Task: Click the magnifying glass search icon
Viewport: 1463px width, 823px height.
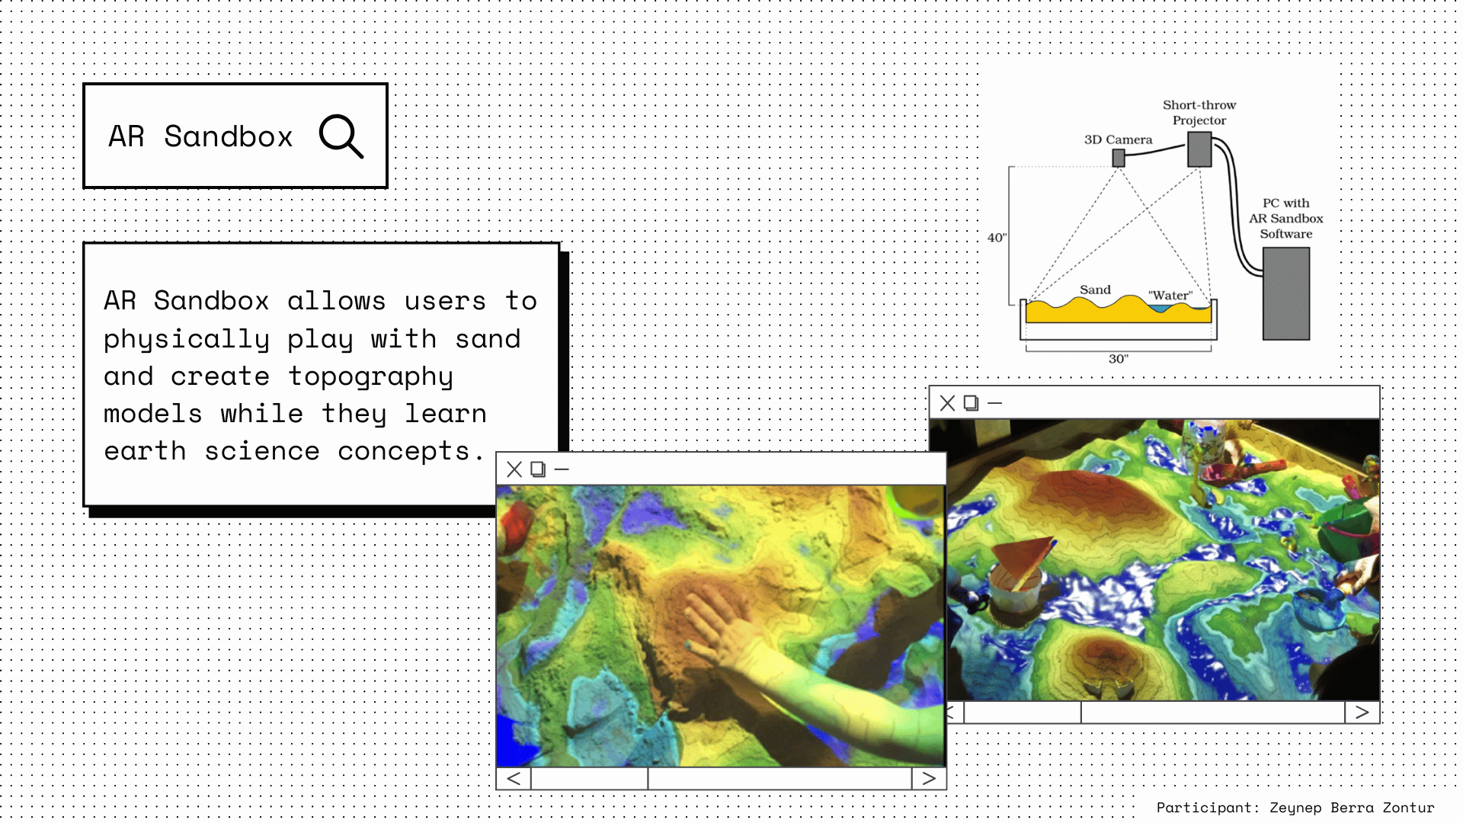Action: click(x=341, y=136)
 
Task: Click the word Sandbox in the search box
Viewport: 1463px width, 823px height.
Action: click(x=229, y=137)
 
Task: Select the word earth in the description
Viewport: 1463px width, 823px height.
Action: click(x=145, y=451)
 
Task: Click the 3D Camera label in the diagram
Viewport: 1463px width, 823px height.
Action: click(x=1118, y=140)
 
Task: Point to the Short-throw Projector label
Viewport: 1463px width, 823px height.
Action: click(x=1199, y=113)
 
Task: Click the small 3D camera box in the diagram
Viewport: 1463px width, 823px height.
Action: click(x=1119, y=158)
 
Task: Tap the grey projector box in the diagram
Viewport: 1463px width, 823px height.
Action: click(x=1199, y=149)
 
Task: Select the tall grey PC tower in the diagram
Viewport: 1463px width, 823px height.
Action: click(x=1286, y=293)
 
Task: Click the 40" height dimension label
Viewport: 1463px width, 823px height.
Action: click(x=997, y=238)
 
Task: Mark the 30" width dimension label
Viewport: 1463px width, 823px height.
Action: click(x=1119, y=359)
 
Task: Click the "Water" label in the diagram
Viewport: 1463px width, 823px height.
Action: click(x=1170, y=296)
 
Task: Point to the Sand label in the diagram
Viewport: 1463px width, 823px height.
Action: click(x=1095, y=290)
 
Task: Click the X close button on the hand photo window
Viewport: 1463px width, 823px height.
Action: click(x=514, y=469)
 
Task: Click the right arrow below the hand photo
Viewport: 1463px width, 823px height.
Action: click(x=929, y=779)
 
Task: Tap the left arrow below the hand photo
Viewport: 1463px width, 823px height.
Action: click(x=514, y=779)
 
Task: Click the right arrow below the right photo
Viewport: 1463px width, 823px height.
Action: click(x=1362, y=713)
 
